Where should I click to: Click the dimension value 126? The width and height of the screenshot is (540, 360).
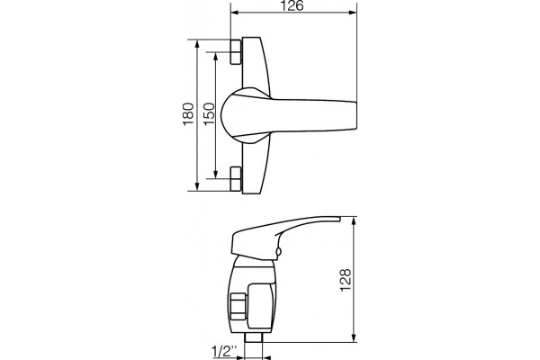(292, 5)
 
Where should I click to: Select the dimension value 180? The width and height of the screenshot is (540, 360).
(188, 114)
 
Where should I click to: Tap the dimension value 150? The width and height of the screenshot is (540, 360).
(209, 114)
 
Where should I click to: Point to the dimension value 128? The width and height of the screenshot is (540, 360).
(346, 280)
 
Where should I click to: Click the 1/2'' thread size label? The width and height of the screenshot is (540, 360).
(224, 352)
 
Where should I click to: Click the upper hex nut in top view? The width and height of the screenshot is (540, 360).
(236, 52)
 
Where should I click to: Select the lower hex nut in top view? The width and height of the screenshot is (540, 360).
(236, 178)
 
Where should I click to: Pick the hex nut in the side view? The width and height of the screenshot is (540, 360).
(238, 307)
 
